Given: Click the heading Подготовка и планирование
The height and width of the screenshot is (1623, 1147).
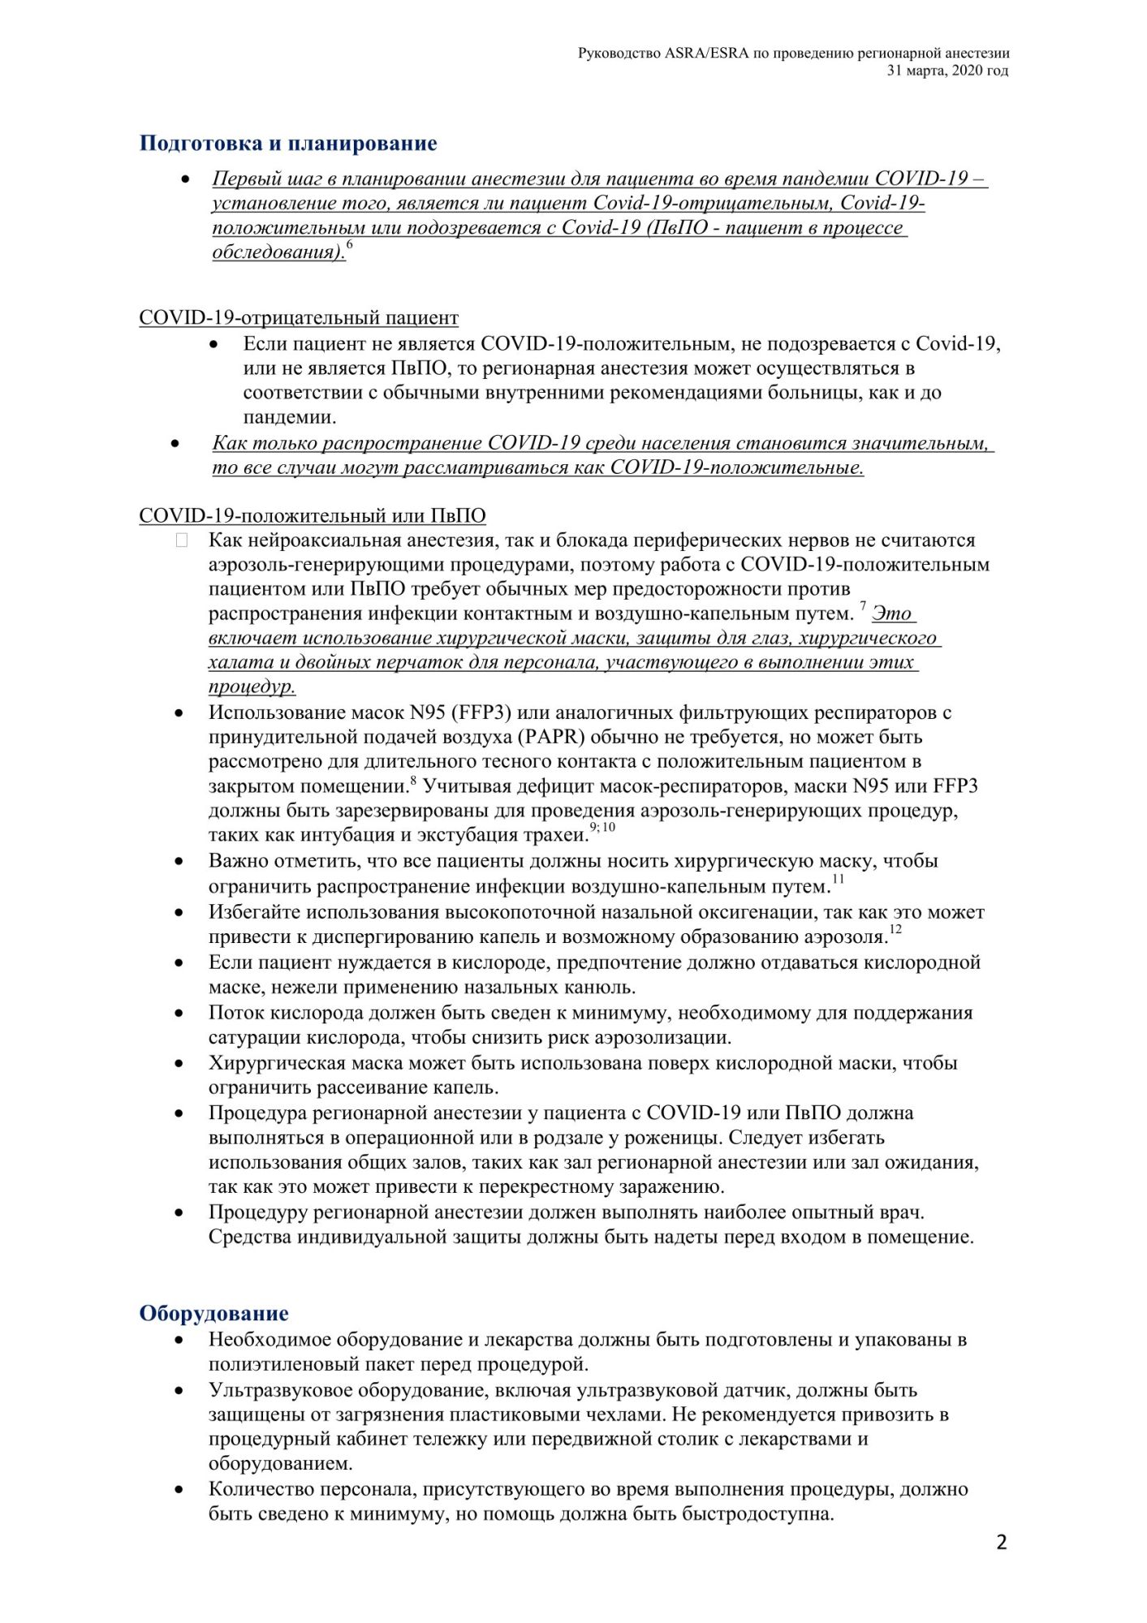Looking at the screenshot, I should (287, 144).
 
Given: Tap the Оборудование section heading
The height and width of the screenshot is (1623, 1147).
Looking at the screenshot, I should (213, 1313).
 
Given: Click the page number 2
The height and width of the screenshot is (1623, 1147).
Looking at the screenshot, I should (1001, 1543).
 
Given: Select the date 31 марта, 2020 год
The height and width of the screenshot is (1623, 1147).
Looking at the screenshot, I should (947, 71).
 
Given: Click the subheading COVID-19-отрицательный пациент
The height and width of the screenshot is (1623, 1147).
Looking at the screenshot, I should (299, 317).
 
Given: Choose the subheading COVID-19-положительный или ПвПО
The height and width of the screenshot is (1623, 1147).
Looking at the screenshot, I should (313, 515).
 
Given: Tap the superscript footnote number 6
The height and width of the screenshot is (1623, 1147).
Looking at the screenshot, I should (349, 244).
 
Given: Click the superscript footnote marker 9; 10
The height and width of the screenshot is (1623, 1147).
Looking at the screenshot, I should (602, 827).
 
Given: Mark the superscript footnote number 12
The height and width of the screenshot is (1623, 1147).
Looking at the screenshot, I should (895, 928).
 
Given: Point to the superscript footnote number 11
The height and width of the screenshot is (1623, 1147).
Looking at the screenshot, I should (838, 878).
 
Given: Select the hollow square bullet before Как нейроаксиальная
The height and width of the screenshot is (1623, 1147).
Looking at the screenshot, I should (181, 540).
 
